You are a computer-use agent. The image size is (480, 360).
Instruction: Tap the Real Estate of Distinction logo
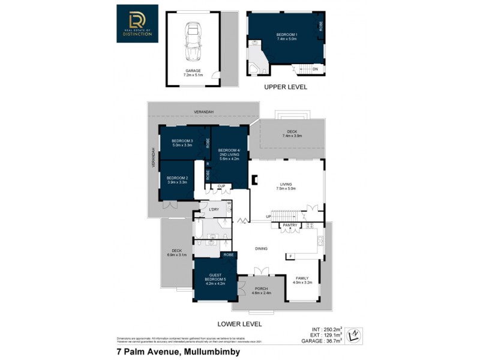pos(137,24)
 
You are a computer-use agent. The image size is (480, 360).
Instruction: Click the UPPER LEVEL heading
pos(286,87)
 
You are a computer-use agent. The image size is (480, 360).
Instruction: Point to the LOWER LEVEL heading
pos(239,323)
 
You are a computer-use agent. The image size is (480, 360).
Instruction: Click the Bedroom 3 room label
pos(182,143)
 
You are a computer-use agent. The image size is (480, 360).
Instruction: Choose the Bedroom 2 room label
pos(177,179)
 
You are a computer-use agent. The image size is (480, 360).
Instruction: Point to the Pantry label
pos(290,225)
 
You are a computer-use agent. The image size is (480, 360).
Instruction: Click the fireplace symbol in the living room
pos(254,178)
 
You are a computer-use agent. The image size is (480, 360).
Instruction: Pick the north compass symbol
pos(355,334)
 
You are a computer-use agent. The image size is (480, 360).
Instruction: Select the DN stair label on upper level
pos(315,69)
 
